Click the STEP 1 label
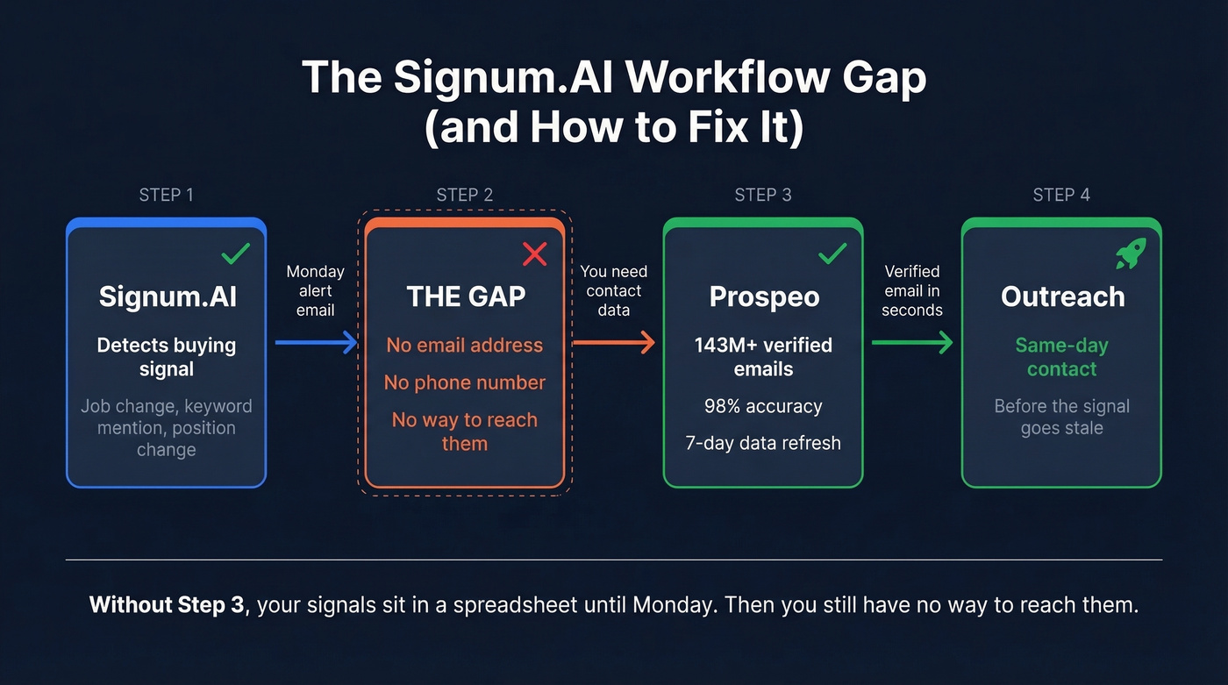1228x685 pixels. pos(166,195)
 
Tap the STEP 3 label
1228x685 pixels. pos(762,195)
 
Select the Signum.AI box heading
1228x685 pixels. pos(167,296)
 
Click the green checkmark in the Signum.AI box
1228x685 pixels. pos(235,254)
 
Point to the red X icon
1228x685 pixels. pos(534,254)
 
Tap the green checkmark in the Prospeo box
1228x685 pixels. pos(832,254)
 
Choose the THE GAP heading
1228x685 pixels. pos(465,296)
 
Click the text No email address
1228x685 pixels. pos(465,345)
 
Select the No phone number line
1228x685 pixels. pos(465,382)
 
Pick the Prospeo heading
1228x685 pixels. pos(763,296)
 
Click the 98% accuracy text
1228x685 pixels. pos(763,406)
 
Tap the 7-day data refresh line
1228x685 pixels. pos(763,443)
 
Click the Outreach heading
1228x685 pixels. pos(1061,296)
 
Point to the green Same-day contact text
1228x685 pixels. pos(1061,357)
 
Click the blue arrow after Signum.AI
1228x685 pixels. pos(316,342)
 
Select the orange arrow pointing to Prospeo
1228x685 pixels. pos(614,342)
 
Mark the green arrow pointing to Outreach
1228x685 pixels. pos(912,342)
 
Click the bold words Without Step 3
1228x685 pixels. pos(167,605)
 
